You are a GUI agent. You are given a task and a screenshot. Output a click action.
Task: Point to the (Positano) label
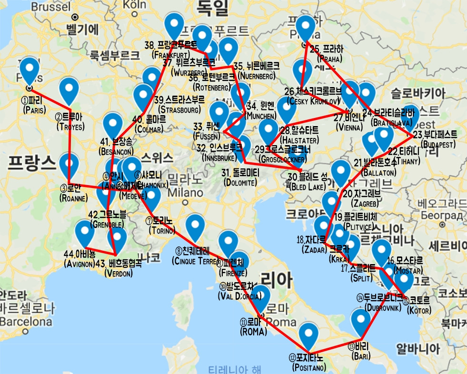click(309, 368)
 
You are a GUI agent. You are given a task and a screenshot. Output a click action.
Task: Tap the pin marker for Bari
click(361, 323)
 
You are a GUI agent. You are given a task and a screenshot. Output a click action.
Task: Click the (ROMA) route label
click(254, 331)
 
